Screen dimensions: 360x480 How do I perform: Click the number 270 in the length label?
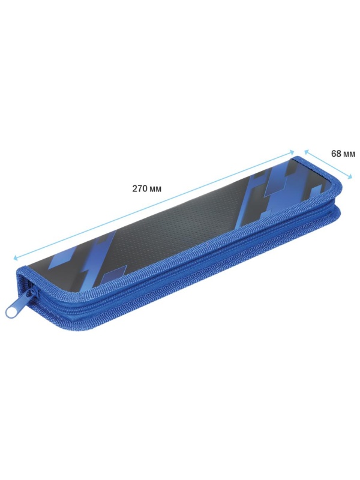click(140, 188)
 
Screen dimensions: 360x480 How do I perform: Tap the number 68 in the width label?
click(336, 154)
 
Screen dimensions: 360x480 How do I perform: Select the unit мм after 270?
click(156, 190)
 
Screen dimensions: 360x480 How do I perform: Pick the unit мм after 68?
click(349, 154)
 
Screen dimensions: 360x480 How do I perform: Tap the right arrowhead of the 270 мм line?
click(292, 152)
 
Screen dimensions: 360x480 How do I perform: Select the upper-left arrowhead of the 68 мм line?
click(306, 152)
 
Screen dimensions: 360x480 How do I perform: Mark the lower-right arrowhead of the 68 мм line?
click(349, 176)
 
